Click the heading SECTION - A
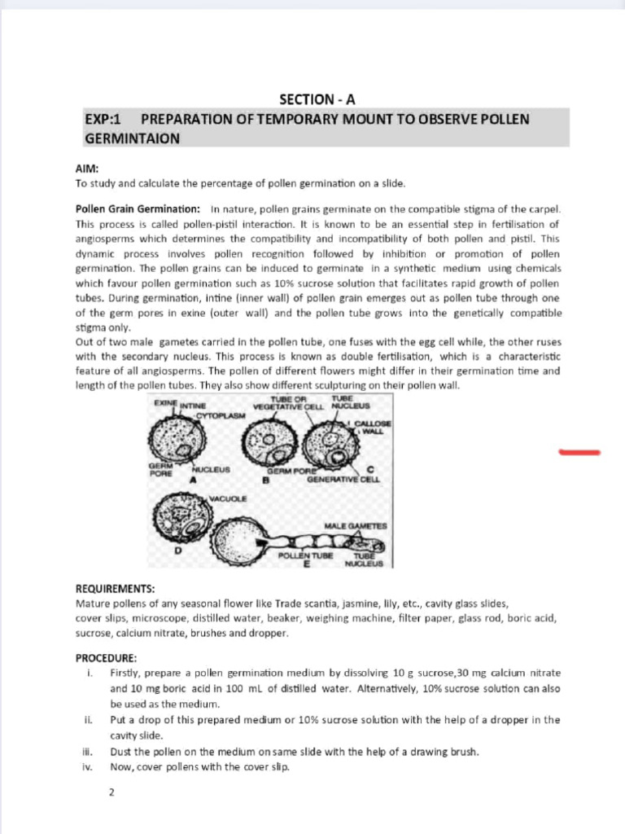coord(317,100)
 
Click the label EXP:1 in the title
coord(103,120)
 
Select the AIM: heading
coord(87,169)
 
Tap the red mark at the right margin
coord(579,451)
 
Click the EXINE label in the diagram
coord(165,402)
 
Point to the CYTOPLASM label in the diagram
coord(221,415)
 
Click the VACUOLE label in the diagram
coord(228,498)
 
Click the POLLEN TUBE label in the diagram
coord(301,555)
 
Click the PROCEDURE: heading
coord(106,658)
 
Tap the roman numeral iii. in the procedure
coord(88,752)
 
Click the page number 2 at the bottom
coord(112,791)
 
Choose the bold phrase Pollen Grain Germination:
coord(138,208)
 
